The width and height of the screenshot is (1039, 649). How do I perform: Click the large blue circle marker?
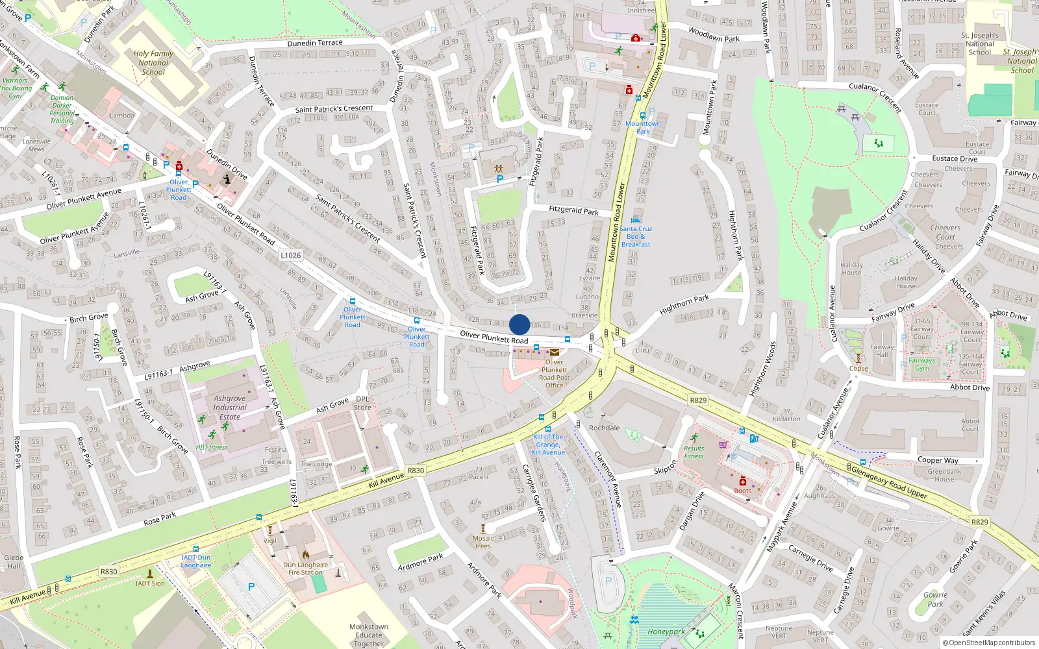(519, 324)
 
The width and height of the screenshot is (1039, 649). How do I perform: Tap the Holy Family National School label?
(153, 63)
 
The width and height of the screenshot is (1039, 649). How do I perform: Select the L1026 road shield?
(291, 255)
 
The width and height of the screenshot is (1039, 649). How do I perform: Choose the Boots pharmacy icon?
(743, 482)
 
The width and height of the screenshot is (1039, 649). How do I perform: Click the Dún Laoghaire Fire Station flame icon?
(306, 555)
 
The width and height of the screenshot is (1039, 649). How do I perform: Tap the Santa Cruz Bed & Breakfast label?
(636, 236)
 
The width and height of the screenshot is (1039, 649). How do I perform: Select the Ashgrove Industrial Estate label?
(230, 408)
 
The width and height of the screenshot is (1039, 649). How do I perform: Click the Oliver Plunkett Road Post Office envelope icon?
(555, 352)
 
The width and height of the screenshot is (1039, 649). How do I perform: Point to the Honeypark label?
(666, 631)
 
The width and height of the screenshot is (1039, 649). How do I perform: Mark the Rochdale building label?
(605, 428)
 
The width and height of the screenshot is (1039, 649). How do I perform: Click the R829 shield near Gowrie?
(980, 522)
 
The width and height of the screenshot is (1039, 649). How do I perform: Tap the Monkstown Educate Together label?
(369, 635)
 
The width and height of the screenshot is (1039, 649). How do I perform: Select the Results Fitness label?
(694, 452)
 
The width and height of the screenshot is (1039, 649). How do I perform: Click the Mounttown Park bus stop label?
(643, 127)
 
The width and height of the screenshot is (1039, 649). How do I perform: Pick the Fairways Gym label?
(921, 364)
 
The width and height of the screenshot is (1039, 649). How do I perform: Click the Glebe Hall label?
(14, 561)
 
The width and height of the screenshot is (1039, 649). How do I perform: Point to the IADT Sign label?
(150, 583)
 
